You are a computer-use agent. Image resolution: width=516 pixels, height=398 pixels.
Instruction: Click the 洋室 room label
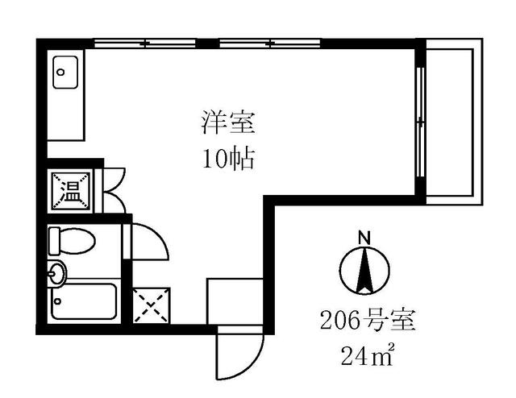pos(228,123)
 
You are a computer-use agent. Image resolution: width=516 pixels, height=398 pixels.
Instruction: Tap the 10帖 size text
pos(228,159)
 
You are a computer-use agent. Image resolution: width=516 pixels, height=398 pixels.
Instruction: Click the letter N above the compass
pos(364,238)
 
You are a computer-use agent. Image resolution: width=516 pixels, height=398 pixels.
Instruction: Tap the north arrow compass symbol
pos(364,271)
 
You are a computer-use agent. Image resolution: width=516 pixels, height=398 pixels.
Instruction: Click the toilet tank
pos(54,240)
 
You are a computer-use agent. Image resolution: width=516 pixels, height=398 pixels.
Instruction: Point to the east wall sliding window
pos(420,121)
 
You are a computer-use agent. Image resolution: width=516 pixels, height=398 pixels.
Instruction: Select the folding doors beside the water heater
pos(111,190)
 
